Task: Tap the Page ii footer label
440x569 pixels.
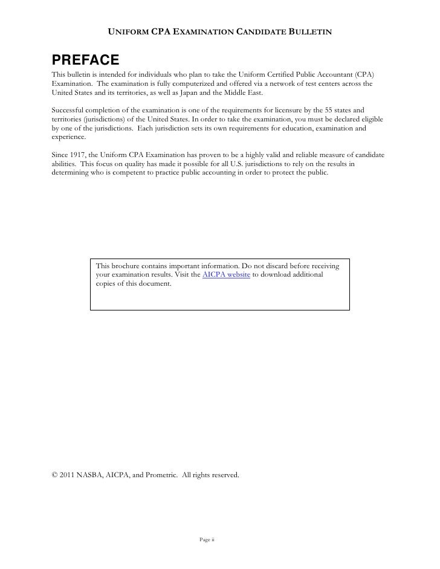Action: pos(207,539)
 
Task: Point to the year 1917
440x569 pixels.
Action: pos(80,155)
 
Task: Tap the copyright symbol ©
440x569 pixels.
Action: pos(54,476)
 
